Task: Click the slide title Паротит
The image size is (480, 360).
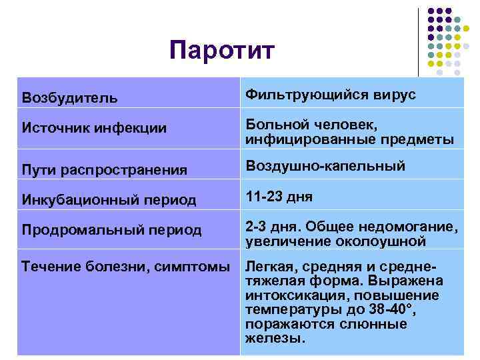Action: (x=221, y=50)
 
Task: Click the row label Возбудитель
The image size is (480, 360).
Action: (x=70, y=98)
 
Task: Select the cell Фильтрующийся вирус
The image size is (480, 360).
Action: (x=331, y=95)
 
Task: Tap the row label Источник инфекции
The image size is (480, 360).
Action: (x=94, y=129)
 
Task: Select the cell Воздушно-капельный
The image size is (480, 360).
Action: (x=325, y=166)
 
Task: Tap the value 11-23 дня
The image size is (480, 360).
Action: (x=279, y=197)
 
